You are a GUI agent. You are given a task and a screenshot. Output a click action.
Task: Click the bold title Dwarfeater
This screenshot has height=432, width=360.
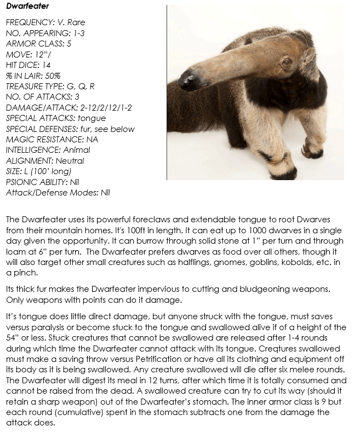click(27, 7)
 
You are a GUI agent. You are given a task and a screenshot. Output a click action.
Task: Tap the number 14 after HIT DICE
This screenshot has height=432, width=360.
click(47, 65)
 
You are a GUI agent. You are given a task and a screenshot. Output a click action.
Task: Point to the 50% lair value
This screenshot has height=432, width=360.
click(49, 76)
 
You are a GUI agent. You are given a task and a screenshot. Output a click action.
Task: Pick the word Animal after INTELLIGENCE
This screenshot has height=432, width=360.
click(77, 150)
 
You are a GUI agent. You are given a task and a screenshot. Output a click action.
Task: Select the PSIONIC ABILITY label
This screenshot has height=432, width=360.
click(36, 182)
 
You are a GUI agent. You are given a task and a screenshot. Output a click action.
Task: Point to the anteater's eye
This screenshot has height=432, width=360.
click(286, 61)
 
